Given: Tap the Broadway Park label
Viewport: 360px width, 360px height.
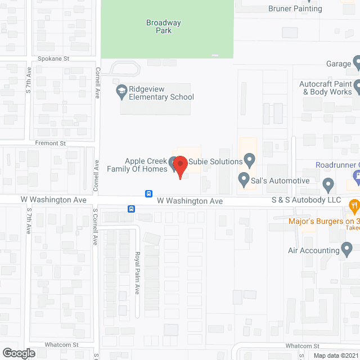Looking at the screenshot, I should pos(159,26).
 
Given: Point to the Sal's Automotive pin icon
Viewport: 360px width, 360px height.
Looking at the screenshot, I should pos(244,181).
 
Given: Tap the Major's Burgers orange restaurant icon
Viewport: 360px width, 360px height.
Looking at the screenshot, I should pos(354,206).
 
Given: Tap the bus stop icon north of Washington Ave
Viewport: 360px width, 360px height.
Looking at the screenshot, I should pos(148,193).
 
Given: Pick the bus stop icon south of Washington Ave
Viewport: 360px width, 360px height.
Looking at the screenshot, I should pos(130,209).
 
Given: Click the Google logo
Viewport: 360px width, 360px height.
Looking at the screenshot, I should pos(18,353).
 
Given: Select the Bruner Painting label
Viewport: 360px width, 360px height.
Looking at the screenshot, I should pos(295,8).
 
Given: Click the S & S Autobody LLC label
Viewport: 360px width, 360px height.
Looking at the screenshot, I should pos(306,200).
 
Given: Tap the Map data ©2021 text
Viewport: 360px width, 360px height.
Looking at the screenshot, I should pos(335,355).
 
